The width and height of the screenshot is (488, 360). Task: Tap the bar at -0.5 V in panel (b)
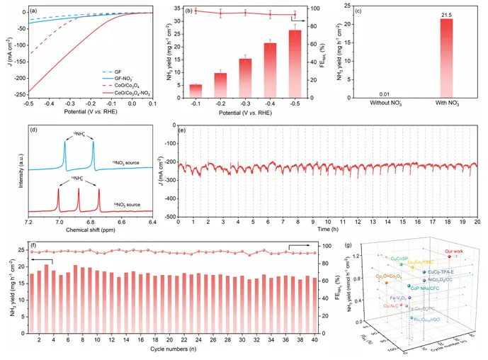[x=295, y=64]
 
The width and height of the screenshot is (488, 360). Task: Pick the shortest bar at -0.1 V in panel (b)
[x=196, y=91]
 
